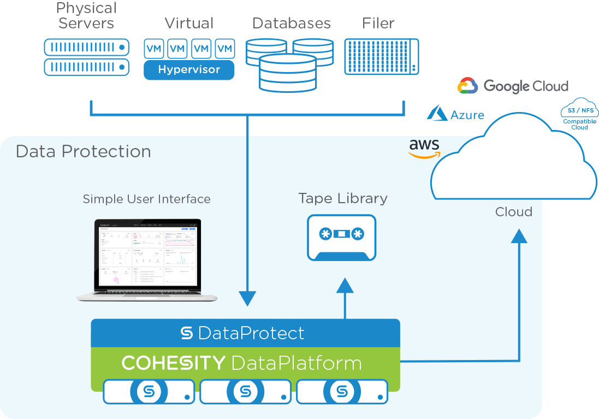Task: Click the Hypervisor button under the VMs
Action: (189, 70)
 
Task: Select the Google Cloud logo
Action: (513, 86)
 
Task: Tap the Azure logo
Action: (455, 114)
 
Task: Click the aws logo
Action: (424, 148)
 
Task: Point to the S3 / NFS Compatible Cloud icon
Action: (579, 113)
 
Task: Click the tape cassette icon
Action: (342, 237)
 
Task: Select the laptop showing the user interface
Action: (147, 260)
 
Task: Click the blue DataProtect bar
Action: (245, 333)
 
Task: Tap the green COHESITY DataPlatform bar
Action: (245, 363)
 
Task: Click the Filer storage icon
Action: (382, 56)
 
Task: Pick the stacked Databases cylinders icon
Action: (289, 64)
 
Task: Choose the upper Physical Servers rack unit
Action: (86, 48)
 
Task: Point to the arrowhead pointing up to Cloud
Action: (519, 236)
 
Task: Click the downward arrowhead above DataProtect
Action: (247, 298)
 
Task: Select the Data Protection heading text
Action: (83, 151)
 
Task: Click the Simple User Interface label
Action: (146, 199)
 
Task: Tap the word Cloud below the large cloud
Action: (513, 212)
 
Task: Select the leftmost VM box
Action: (154, 49)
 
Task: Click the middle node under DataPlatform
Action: (245, 392)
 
